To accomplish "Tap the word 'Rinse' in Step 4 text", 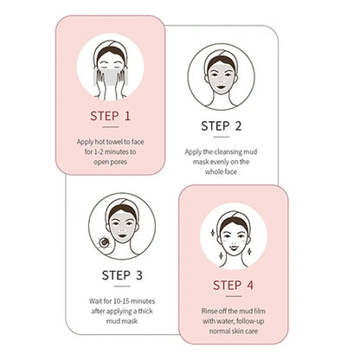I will (x=198, y=310).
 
